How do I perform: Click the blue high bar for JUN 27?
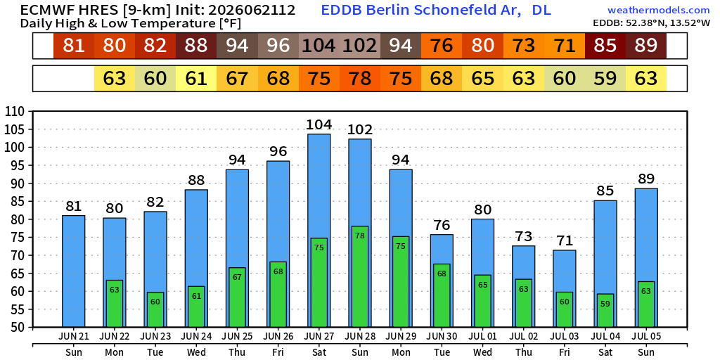pos(319,231)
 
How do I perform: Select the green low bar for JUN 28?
pos(360,277)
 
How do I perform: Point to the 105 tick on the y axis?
pos(19,129)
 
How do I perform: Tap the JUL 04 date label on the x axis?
pos(605,337)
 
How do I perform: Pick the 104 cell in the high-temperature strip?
pos(319,46)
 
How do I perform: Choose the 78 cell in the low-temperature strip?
pos(360,79)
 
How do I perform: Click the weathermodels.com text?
pos(658,10)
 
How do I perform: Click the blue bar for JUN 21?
pos(73,272)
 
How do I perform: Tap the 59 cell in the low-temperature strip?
pos(605,79)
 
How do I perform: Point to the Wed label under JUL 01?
pos(482,353)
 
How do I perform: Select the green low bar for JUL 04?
pos(605,311)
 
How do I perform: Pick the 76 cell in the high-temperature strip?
pos(442,46)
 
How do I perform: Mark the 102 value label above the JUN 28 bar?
pos(360,130)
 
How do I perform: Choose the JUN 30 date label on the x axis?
pos(442,337)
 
